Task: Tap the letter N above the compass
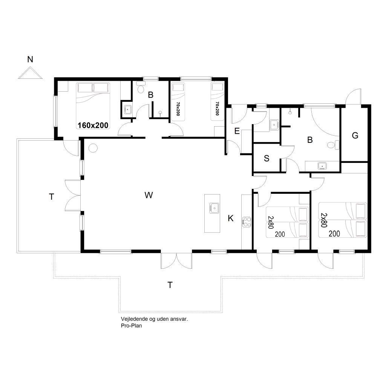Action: [x=30, y=59]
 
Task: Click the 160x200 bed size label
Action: [x=93, y=125]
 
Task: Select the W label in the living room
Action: [x=149, y=195]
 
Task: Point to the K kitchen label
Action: [x=231, y=218]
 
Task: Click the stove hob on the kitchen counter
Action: [x=247, y=222]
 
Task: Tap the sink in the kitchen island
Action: [x=214, y=208]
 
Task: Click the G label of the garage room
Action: [x=355, y=135]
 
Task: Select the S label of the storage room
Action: [x=267, y=158]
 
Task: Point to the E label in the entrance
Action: [x=237, y=131]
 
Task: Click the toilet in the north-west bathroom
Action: [x=141, y=87]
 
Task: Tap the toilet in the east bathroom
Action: [x=333, y=145]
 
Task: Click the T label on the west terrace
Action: [x=51, y=197]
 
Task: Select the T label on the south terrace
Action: [x=170, y=285]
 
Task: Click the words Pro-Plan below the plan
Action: [x=131, y=325]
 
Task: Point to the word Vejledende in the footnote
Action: [x=134, y=319]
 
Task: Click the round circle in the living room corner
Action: [x=93, y=148]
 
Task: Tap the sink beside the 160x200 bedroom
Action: [x=127, y=109]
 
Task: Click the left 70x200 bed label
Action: [x=178, y=109]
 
